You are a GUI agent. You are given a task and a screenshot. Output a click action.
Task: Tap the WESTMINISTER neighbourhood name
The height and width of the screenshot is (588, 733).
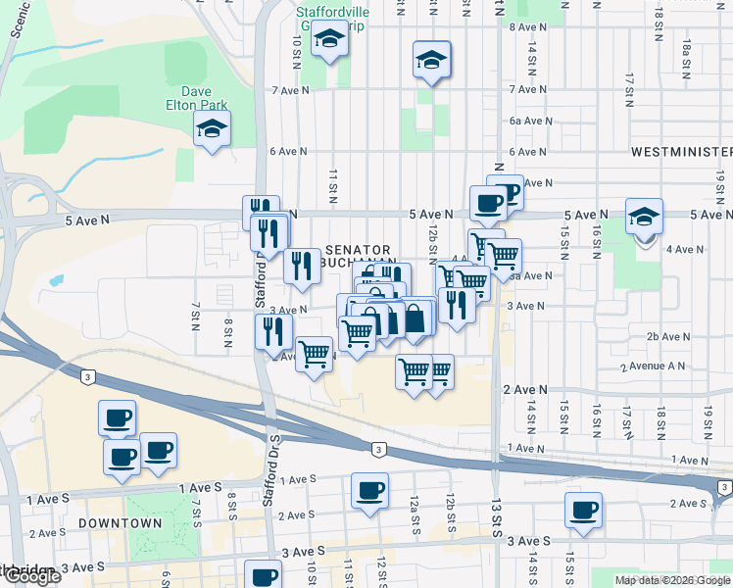681,152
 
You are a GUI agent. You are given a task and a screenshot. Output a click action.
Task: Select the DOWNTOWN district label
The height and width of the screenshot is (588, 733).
121,523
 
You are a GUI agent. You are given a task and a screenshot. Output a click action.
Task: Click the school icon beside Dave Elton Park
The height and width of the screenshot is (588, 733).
211,129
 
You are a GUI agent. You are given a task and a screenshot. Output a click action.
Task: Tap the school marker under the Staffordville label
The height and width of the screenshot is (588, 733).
329,41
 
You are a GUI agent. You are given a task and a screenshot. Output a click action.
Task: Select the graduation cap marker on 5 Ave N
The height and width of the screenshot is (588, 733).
645,217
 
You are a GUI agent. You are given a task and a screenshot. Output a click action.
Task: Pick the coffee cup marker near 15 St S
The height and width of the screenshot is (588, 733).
584,510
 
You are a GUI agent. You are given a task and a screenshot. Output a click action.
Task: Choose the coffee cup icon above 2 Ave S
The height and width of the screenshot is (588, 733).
369,491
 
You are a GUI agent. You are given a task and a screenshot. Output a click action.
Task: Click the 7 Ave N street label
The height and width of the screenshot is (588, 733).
290,89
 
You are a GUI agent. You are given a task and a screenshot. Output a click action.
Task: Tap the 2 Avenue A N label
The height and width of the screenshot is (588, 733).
653,367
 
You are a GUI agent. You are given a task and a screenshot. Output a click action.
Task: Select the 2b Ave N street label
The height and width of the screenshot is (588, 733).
666,336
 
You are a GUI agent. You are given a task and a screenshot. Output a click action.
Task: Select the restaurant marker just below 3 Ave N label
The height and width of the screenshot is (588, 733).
273,330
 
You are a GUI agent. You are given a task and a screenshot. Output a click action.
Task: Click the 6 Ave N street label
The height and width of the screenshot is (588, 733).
288,152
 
